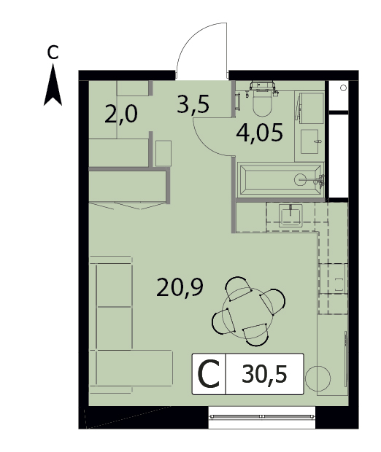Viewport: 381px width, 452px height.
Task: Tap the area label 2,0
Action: (x=121, y=114)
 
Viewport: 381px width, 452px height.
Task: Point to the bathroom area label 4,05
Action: (x=259, y=133)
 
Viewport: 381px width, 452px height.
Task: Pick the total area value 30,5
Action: (x=264, y=374)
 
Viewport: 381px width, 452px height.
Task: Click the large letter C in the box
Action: (x=209, y=374)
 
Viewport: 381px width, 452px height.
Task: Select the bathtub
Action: (x=280, y=180)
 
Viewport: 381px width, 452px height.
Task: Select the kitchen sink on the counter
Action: (x=290, y=215)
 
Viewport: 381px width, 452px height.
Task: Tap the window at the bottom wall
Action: (x=262, y=416)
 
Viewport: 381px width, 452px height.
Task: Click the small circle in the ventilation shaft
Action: (x=343, y=88)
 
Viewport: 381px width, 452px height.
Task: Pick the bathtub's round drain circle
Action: (x=300, y=179)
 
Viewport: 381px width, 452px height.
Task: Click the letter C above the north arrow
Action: (x=53, y=52)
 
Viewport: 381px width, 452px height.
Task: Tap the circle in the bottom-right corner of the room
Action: (x=317, y=378)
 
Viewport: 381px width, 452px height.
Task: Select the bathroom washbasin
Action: (x=309, y=141)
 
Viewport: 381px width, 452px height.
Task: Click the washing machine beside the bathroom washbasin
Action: (x=311, y=108)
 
